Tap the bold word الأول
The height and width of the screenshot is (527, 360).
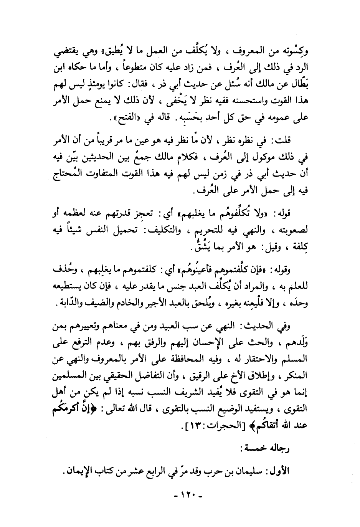[298, 471]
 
